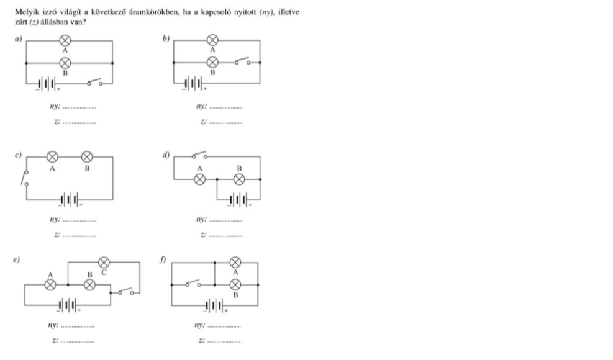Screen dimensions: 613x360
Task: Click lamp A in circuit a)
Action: (x=65, y=40)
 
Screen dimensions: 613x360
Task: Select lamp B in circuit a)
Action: (x=65, y=63)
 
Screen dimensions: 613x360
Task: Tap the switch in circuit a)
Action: (x=94, y=82)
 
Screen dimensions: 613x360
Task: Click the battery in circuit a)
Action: (x=47, y=84)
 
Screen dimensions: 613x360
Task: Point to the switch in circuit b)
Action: (x=242, y=61)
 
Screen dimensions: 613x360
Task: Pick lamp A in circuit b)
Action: (x=212, y=40)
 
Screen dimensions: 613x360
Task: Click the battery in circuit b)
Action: (x=194, y=83)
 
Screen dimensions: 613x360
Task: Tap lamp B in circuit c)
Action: (x=87, y=157)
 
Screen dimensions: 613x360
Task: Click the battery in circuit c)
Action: (x=70, y=199)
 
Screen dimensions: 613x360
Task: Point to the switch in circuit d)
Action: (x=199, y=155)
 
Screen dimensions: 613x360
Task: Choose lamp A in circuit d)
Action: (x=200, y=179)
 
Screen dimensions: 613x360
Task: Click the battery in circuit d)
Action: (x=239, y=200)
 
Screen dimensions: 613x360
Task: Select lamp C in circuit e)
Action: (x=104, y=262)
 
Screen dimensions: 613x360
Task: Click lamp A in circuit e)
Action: (x=50, y=285)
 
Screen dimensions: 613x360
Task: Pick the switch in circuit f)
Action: (x=193, y=284)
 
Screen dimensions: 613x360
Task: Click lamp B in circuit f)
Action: (x=235, y=284)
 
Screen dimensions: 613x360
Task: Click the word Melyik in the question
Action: (x=27, y=12)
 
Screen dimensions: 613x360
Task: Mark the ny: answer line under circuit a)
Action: (x=79, y=108)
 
